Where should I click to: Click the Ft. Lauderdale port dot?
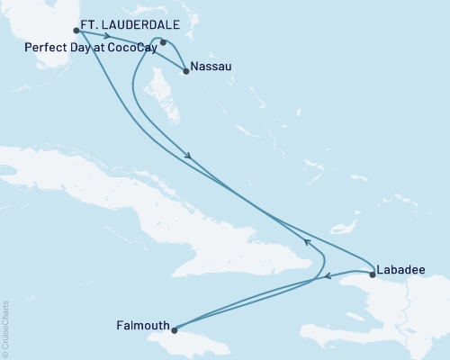[x=76, y=31]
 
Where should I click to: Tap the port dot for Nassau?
[x=185, y=71]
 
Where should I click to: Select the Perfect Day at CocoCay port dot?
[x=163, y=41]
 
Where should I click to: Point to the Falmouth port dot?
[x=175, y=329]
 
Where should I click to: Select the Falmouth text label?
[x=142, y=323]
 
